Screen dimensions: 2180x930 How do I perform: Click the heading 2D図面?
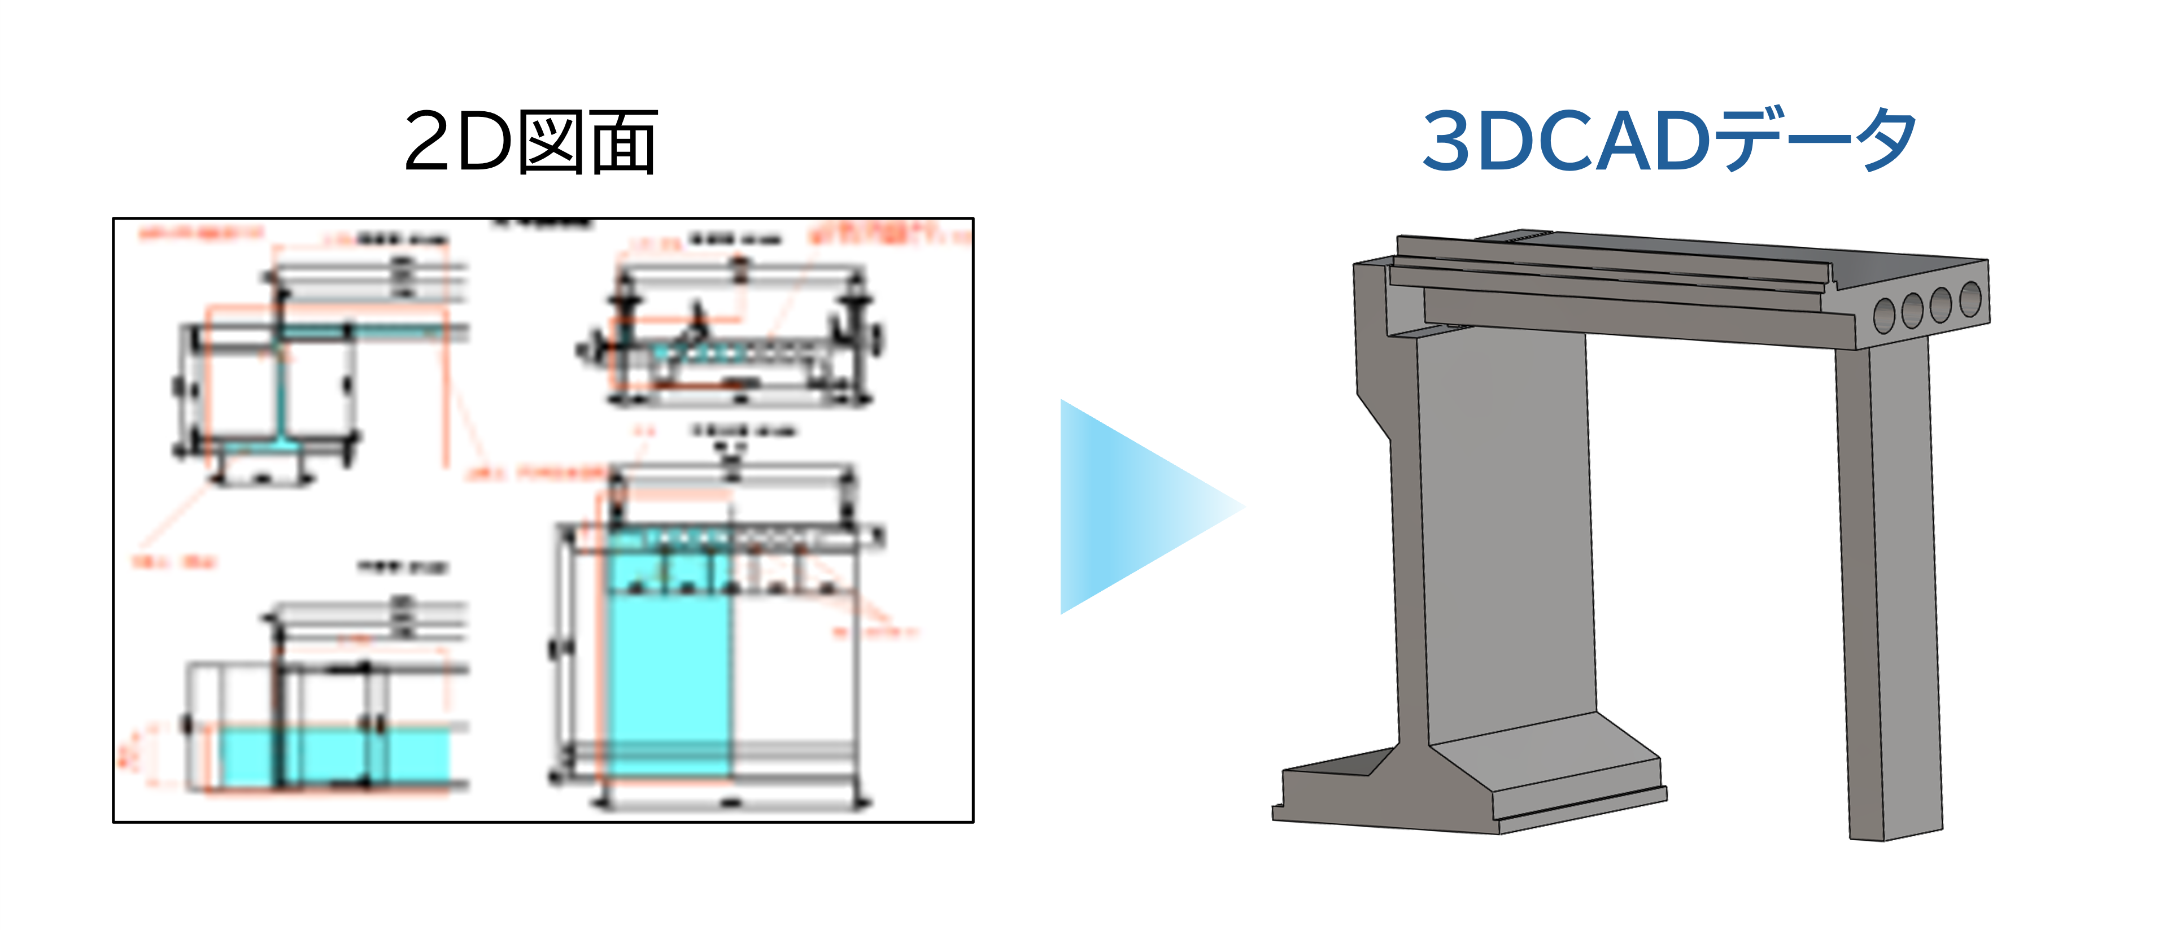pyautogui.click(x=531, y=142)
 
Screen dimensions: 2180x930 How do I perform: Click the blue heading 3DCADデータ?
pyautogui.click(x=1669, y=141)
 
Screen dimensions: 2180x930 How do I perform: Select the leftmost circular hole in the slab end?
pyautogui.click(x=1885, y=316)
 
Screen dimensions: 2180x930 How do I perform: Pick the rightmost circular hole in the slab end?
pyautogui.click(x=1970, y=299)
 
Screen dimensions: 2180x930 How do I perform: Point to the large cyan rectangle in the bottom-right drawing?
pyautogui.click(x=669, y=677)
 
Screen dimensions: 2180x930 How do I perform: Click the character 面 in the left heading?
pyautogui.click(x=624, y=142)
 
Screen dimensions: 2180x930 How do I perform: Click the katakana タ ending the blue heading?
pyautogui.click(x=1886, y=141)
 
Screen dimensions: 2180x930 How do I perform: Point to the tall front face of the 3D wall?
pyautogui.click(x=1506, y=533)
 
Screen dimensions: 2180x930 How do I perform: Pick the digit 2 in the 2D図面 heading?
pyautogui.click(x=428, y=142)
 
